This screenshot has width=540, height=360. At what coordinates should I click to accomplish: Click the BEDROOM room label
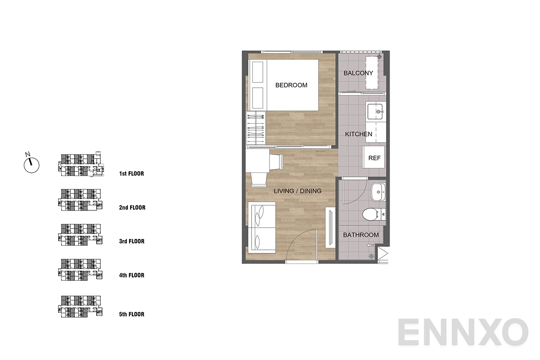point(291,85)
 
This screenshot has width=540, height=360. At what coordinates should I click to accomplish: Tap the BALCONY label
point(358,73)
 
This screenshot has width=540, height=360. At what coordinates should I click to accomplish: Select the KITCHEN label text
point(359,134)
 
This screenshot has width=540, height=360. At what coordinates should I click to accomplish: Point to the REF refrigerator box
point(373,157)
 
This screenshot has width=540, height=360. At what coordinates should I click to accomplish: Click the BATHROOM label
point(361,235)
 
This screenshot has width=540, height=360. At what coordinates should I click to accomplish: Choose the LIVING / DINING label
point(297,191)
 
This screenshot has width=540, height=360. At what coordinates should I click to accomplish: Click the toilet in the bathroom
point(373,214)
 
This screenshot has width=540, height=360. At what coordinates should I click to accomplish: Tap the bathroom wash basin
point(378,192)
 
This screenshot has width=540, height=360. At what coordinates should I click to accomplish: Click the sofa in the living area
point(262,227)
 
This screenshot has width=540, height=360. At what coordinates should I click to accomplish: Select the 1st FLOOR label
point(131,174)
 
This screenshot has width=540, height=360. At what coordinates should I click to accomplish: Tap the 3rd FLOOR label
point(131,241)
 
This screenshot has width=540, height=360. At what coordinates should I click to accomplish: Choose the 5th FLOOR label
point(131,314)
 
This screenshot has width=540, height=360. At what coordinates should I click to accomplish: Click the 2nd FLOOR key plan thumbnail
point(80,200)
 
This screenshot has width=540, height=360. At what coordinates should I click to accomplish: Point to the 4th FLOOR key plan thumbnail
point(80,270)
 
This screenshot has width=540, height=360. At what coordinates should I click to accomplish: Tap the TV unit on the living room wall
point(330,227)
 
